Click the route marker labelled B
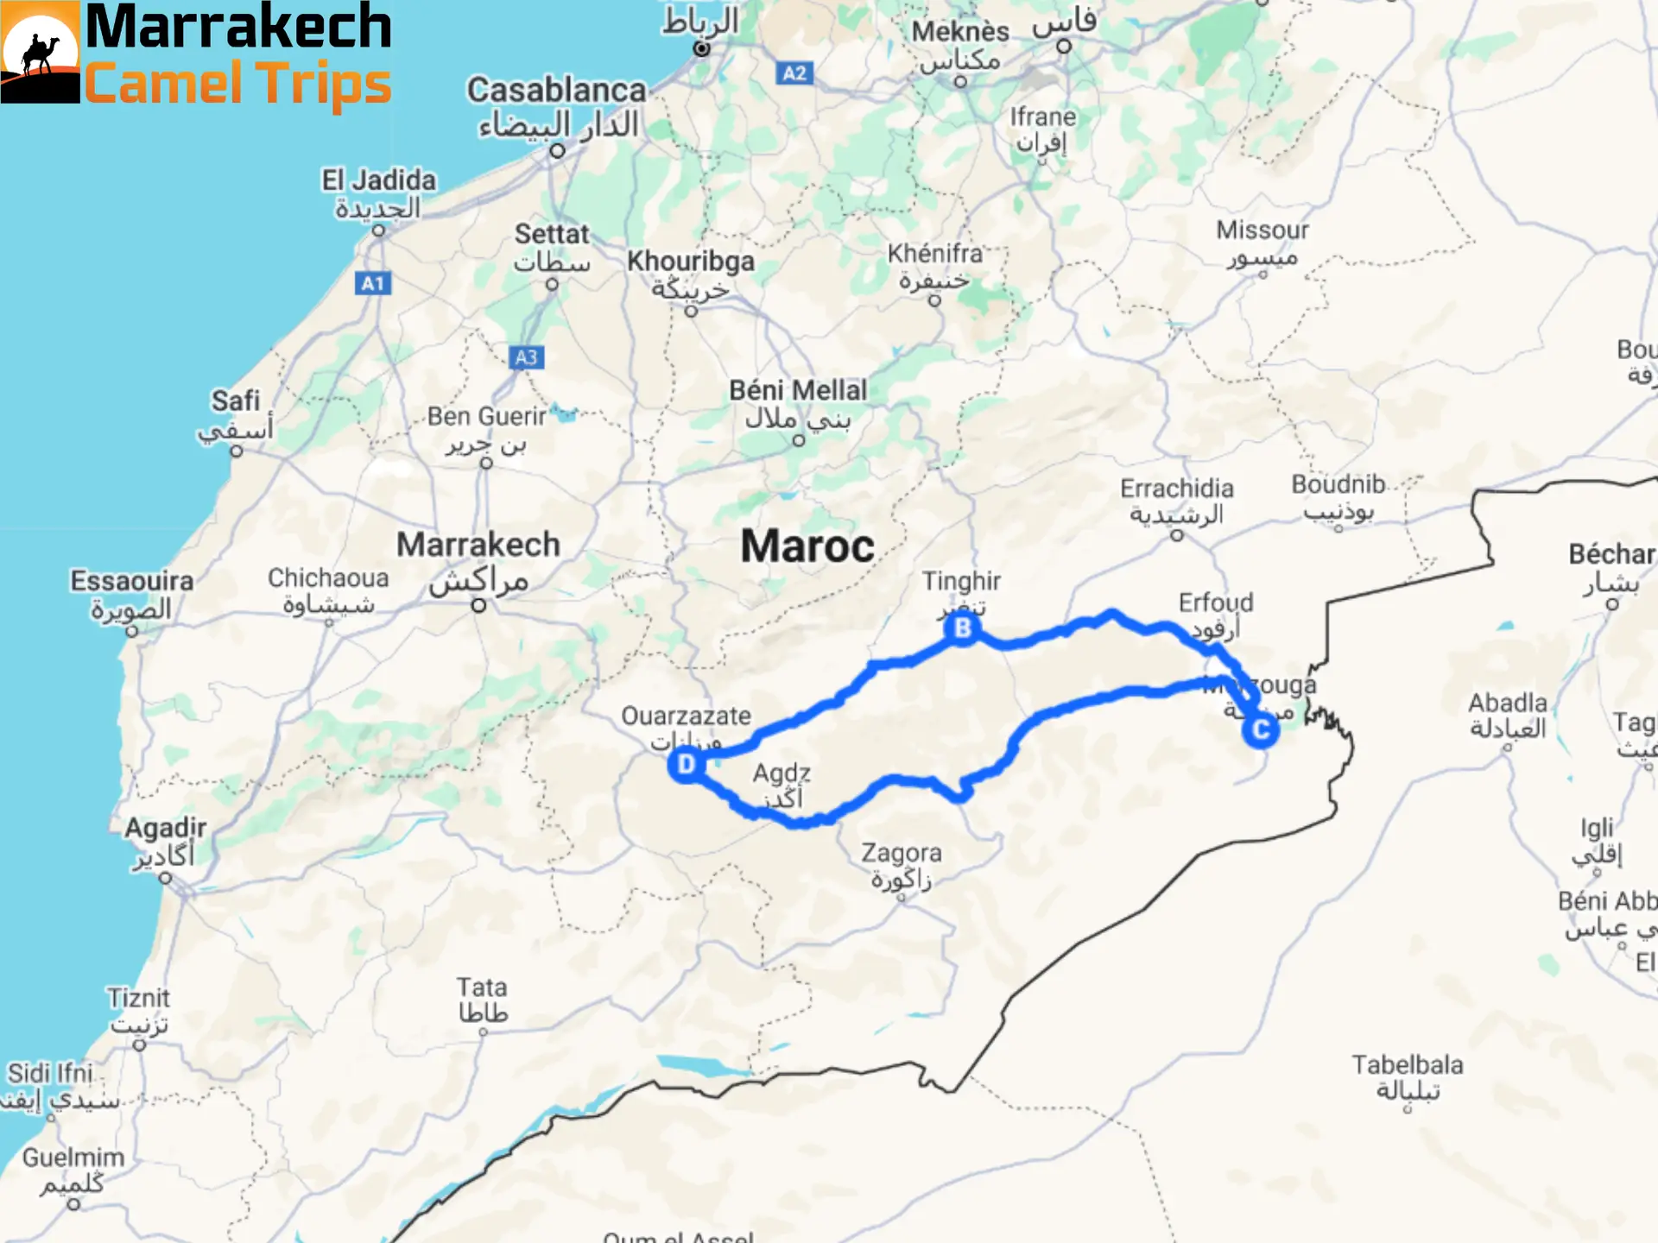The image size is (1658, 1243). coord(962,628)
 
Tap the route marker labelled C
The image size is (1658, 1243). coord(1260,730)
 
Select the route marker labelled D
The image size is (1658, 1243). coord(686,765)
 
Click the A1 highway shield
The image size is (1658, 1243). coord(372,283)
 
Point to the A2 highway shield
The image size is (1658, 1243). coord(794,73)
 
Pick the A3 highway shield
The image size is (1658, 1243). coord(526,357)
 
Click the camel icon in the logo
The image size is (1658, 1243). coord(40,54)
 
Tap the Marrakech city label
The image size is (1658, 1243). coord(478,545)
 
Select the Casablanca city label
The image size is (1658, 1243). coord(556,90)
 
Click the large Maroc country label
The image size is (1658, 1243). coord(807,546)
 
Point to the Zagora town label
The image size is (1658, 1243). coord(901,853)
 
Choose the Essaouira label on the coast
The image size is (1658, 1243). coord(131,581)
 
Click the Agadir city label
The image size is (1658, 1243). coord(165,828)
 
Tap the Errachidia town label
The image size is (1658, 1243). coord(1176,489)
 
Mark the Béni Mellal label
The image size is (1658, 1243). coord(797,390)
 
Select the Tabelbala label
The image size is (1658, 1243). coord(1407,1065)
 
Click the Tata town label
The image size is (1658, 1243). coord(482,987)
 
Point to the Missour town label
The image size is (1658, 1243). coord(1262,230)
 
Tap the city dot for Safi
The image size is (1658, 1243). coord(237,451)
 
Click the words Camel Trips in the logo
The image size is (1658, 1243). coord(237,85)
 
